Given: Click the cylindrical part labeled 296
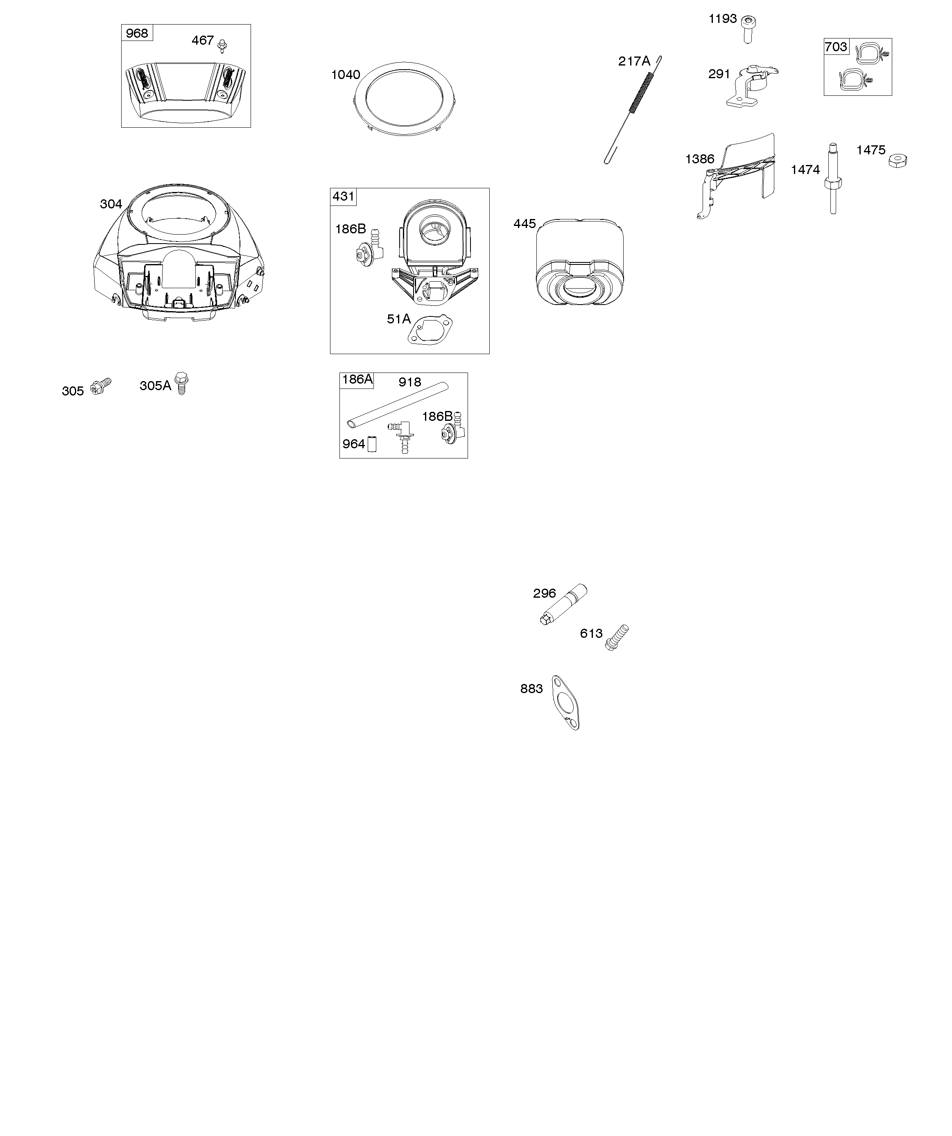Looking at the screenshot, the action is click(x=563, y=605).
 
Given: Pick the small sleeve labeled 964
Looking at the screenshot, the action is click(x=372, y=444).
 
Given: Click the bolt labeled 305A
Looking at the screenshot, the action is click(x=182, y=383).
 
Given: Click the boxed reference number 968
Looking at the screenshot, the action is click(x=137, y=33).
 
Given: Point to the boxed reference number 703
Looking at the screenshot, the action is click(x=836, y=47).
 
